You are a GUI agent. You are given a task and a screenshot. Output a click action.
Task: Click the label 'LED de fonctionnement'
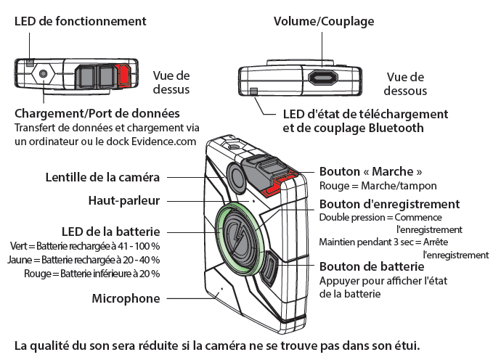[81, 21]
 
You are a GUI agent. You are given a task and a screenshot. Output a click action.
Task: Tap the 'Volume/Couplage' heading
[324, 21]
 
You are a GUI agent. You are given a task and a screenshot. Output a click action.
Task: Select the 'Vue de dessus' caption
[171, 82]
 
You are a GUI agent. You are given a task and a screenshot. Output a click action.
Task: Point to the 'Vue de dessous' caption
[406, 83]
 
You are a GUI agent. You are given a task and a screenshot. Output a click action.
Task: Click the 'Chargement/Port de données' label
[97, 114]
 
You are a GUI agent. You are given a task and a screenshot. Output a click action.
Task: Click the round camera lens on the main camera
[237, 175]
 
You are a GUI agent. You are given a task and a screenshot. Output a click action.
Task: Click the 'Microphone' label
[126, 298]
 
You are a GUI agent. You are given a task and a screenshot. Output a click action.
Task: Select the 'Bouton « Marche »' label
[371, 172]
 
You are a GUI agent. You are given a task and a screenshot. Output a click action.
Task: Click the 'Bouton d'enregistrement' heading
[389, 204]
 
